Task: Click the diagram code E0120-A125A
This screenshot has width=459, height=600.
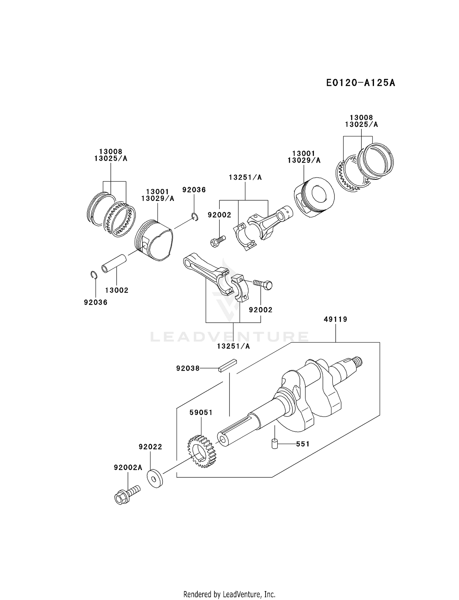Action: click(x=360, y=83)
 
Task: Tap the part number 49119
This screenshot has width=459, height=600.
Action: click(x=335, y=320)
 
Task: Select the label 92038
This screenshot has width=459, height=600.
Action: click(x=188, y=369)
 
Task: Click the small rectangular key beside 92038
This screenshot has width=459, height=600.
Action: click(x=228, y=365)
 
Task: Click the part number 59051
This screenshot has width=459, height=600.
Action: click(x=201, y=413)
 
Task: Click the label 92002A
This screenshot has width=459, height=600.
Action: click(x=128, y=468)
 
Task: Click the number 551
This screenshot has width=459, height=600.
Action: click(x=303, y=444)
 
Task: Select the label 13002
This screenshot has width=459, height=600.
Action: click(x=117, y=290)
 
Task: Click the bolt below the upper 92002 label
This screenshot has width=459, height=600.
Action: click(x=218, y=240)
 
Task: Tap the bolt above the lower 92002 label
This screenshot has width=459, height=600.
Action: click(x=263, y=284)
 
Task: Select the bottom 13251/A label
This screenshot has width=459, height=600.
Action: click(x=233, y=346)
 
